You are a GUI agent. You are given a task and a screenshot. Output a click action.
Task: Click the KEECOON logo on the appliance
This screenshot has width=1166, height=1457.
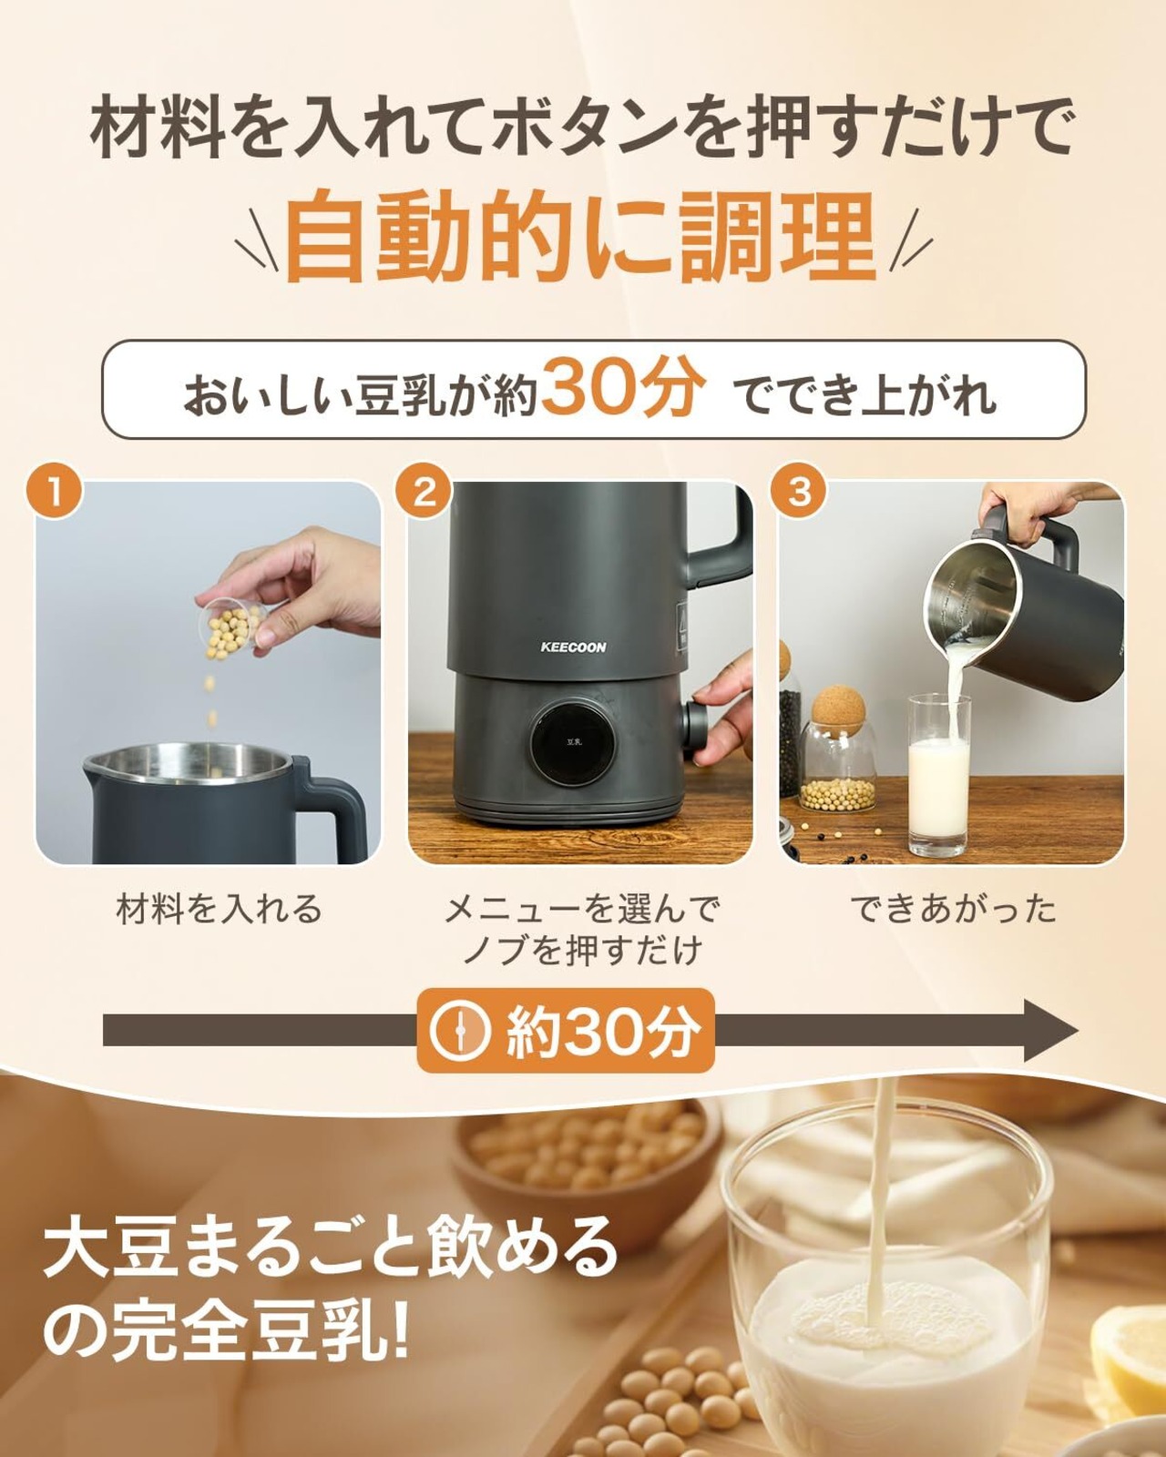pyautogui.click(x=573, y=647)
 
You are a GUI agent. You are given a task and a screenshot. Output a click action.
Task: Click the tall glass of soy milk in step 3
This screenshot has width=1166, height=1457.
pyautogui.click(x=939, y=776)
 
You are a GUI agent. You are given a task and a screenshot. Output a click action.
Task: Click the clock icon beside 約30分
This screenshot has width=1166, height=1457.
pyautogui.click(x=459, y=1030)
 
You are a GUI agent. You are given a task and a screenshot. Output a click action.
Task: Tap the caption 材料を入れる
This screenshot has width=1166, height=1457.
pyautogui.click(x=219, y=909)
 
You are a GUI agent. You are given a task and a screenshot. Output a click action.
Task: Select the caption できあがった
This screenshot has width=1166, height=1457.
pyautogui.click(x=953, y=909)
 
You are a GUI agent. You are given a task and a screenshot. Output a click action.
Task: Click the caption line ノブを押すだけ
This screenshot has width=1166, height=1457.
pyautogui.click(x=581, y=952)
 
